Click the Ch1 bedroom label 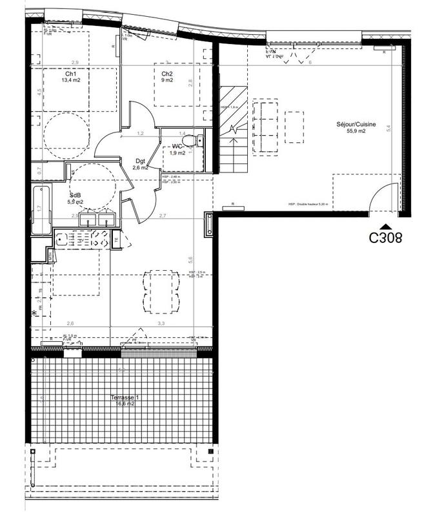click(66, 74)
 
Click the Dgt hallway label click(140, 162)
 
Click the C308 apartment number click(385, 237)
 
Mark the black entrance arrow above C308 click(385, 225)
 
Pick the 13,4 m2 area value click(71, 81)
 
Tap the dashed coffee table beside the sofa click(294, 126)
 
